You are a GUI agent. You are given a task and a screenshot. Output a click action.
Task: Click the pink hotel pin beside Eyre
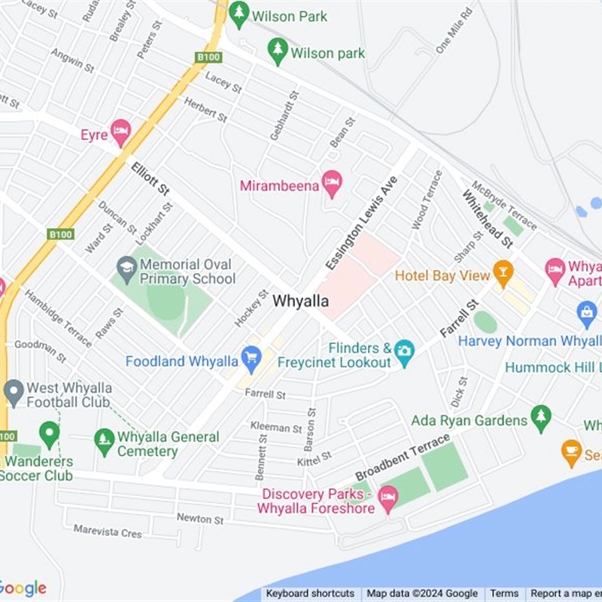pyautogui.click(x=120, y=133)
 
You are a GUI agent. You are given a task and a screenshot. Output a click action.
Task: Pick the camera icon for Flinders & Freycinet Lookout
pyautogui.click(x=404, y=351)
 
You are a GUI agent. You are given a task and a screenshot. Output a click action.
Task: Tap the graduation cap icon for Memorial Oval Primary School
pyautogui.click(x=127, y=266)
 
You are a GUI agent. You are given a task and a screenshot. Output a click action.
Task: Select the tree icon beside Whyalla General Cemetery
pyautogui.click(x=105, y=439)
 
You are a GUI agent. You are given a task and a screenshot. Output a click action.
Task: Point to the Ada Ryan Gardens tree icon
pyautogui.click(x=540, y=418)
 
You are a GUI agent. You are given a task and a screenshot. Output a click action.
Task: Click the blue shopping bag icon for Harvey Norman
pyautogui.click(x=586, y=312)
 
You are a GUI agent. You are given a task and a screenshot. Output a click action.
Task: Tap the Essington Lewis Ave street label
pyautogui.click(x=362, y=223)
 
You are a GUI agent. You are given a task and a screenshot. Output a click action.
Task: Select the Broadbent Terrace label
pyautogui.click(x=403, y=457)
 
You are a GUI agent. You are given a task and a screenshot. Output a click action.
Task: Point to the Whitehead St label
pyautogui.click(x=487, y=219)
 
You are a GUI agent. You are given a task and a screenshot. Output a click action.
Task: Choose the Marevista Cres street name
pyautogui.click(x=108, y=531)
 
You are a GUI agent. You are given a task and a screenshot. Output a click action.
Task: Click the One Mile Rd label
pyautogui.click(x=454, y=31)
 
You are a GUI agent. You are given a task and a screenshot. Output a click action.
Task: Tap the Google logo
pyautogui.click(x=23, y=588)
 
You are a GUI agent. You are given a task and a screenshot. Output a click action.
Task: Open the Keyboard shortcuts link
pyautogui.click(x=310, y=594)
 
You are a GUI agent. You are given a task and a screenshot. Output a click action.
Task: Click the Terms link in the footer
pyautogui.click(x=505, y=594)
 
